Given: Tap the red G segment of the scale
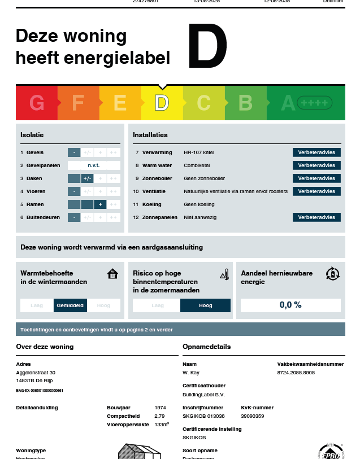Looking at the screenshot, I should (x=37, y=103).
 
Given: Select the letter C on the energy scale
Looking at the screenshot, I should (x=203, y=103).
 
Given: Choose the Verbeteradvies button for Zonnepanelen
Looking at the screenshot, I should (x=316, y=217).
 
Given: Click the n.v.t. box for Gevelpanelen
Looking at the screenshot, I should (x=94, y=165).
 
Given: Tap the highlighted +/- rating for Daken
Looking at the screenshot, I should (x=87, y=178).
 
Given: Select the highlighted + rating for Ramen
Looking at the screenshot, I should (x=100, y=204).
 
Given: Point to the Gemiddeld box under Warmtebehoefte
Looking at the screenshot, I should (x=71, y=305).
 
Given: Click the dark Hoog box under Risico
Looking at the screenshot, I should (x=205, y=305).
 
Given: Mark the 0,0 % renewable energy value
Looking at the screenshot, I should (x=290, y=305).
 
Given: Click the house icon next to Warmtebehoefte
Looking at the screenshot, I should (x=113, y=274).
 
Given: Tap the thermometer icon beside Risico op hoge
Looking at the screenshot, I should (x=224, y=274).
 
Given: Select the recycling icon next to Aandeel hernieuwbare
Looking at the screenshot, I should (x=333, y=274).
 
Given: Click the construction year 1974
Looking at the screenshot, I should (x=161, y=407).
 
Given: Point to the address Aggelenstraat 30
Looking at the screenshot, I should (x=36, y=373).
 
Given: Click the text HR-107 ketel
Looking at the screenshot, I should (x=199, y=152).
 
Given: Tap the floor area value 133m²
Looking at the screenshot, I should (x=162, y=424).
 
